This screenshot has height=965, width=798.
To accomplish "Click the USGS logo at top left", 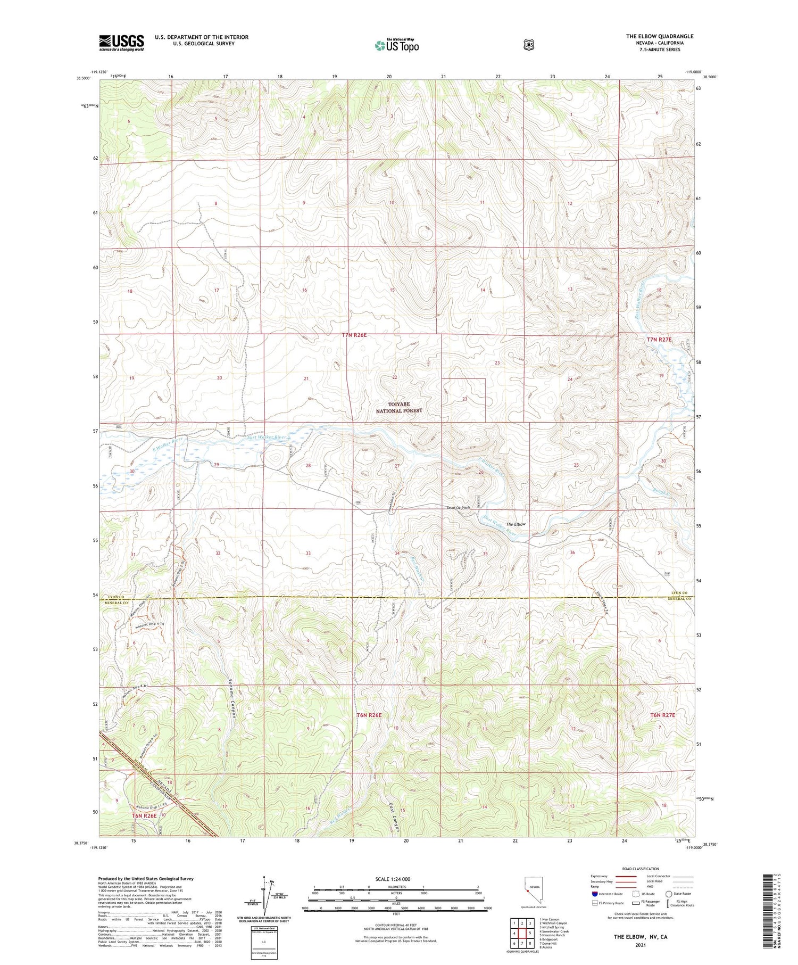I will [x=121, y=43].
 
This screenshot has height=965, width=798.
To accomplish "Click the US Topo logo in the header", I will [x=397, y=45].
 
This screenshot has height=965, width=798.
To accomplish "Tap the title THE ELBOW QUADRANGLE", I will [x=659, y=36].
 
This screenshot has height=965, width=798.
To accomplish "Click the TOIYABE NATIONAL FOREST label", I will [x=398, y=407].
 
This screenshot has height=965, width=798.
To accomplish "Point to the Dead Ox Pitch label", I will [x=458, y=508].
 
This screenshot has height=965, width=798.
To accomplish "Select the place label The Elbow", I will [x=515, y=524].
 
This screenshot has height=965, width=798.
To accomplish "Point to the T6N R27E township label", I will [x=662, y=715].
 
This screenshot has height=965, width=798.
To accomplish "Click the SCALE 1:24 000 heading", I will [x=393, y=879].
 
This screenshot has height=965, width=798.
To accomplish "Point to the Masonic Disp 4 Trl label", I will [x=149, y=624].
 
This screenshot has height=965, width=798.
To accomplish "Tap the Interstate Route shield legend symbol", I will [x=594, y=894].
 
